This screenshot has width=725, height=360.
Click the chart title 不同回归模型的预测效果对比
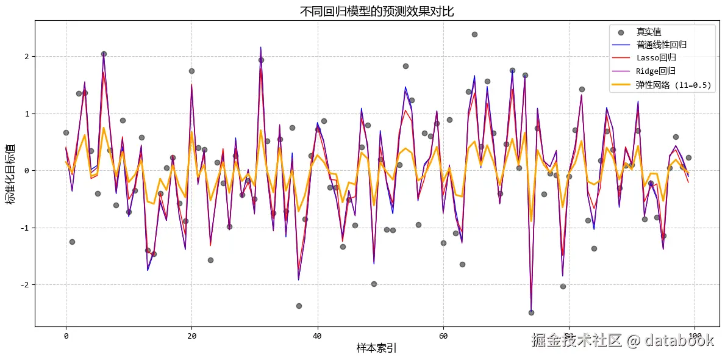[376, 11]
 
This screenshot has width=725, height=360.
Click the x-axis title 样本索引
[376, 348]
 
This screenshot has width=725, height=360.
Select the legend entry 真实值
[649, 32]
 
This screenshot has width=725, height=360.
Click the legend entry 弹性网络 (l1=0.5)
[674, 85]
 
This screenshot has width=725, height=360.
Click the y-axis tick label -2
[24, 285]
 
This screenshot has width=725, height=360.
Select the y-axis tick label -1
[24, 228]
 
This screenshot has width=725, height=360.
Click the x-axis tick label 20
[191, 336]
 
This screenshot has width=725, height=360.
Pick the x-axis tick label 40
[317, 336]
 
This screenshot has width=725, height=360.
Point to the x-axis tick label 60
[443, 336]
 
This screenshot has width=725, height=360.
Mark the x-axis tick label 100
[695, 336]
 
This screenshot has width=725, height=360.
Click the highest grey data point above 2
[474, 34]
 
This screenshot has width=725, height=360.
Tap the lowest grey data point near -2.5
[531, 312]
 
